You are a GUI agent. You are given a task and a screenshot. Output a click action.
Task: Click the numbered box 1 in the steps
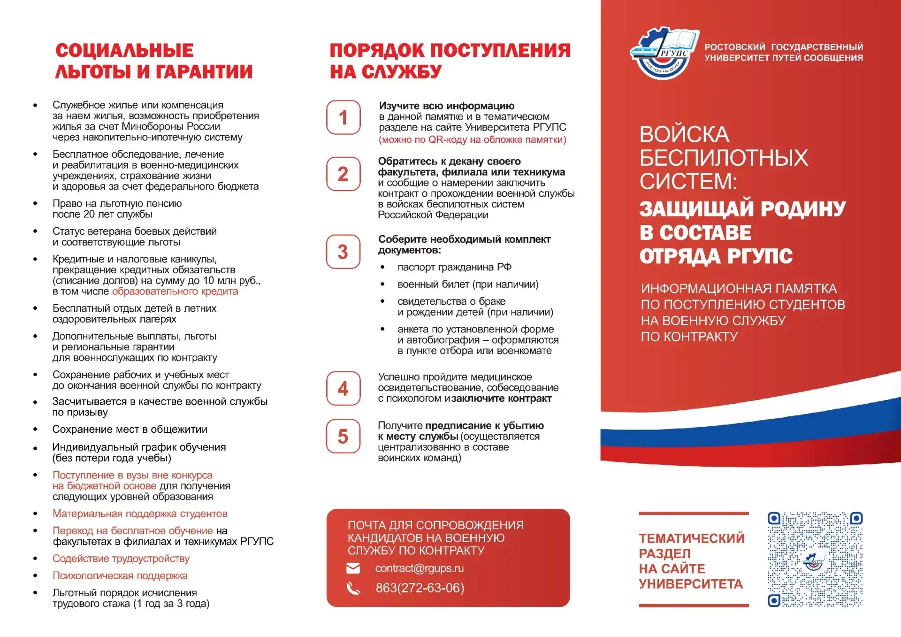343,117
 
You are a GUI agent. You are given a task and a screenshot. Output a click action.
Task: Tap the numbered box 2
343,174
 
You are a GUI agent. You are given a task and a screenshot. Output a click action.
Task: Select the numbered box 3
343,252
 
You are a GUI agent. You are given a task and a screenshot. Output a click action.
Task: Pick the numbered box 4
343,388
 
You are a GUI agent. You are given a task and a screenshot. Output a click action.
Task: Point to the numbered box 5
343,436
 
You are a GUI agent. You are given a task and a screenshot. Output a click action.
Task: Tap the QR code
815,559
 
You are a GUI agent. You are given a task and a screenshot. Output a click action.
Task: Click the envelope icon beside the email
353,568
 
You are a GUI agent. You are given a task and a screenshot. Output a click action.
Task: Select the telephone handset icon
353,588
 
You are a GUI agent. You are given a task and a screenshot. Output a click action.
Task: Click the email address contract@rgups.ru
419,568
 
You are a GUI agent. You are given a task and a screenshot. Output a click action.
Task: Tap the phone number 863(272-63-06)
420,588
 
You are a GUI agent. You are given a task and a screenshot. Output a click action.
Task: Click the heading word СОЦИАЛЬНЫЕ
124,50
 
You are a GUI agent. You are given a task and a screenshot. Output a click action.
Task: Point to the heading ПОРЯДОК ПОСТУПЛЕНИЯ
450,50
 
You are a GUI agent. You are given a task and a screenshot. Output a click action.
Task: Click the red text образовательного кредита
175,292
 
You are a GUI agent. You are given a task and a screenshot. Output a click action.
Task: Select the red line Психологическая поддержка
120,576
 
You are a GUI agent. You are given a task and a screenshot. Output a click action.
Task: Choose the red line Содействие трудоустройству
121,559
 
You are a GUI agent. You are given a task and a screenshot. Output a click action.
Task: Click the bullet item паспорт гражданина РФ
454,267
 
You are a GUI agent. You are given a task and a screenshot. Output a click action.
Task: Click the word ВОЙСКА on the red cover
684,135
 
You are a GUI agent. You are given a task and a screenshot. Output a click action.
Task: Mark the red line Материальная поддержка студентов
140,514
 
